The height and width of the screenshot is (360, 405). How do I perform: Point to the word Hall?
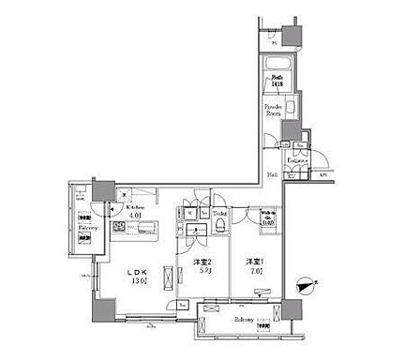pyautogui.click(x=269, y=174)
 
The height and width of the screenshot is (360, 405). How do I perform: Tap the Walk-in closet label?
pyautogui.click(x=268, y=220)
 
